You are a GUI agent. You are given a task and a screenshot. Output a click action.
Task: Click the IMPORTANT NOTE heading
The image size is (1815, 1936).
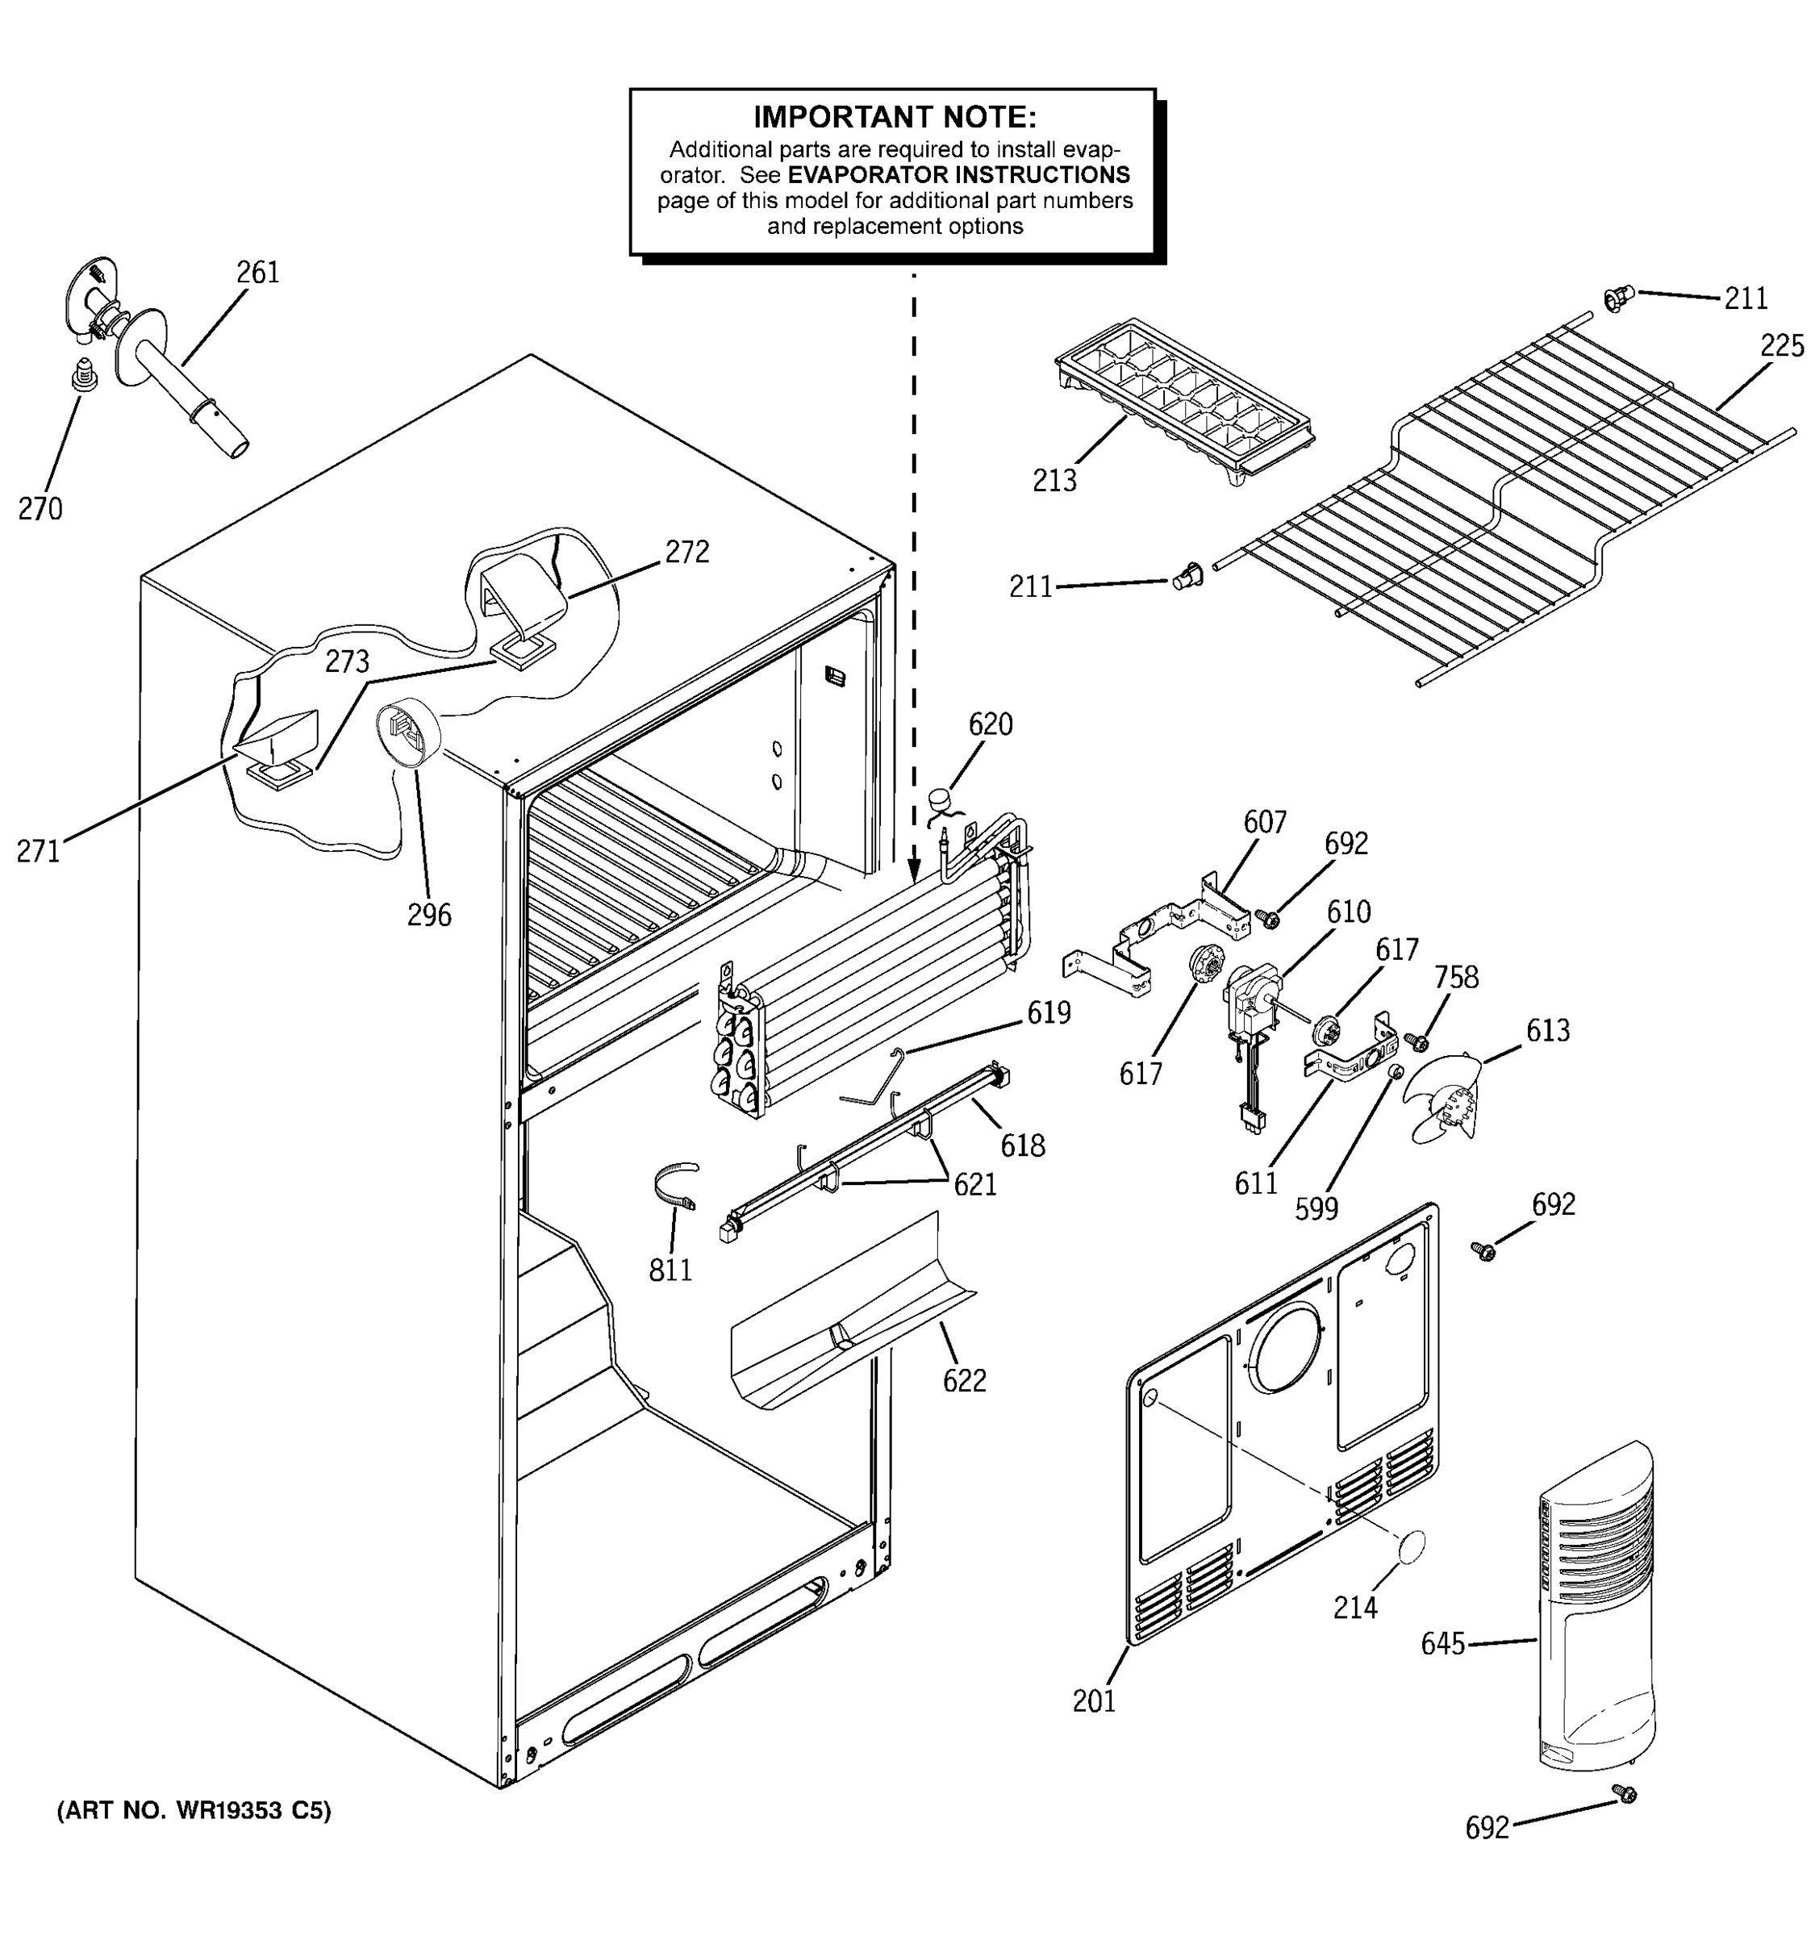894,118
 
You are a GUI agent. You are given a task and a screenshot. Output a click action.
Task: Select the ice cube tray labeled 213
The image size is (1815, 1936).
1184,400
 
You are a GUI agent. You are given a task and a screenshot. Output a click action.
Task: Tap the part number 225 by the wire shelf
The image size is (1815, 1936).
1782,346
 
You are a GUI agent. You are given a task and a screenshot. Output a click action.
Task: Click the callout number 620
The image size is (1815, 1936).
989,724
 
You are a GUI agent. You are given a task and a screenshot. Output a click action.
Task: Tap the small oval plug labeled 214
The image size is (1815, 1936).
1411,1546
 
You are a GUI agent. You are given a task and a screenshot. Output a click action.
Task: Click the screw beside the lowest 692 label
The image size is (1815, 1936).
1623,1793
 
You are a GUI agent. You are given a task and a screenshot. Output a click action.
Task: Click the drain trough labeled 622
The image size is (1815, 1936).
847,1315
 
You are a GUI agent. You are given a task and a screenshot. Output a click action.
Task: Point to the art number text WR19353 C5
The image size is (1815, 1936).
194,1810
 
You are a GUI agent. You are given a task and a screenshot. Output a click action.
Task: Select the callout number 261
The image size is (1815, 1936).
258,273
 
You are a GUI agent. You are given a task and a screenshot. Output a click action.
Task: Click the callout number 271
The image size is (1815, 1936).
38,851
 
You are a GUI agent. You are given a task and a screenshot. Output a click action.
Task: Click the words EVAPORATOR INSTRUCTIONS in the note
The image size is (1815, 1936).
958,175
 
